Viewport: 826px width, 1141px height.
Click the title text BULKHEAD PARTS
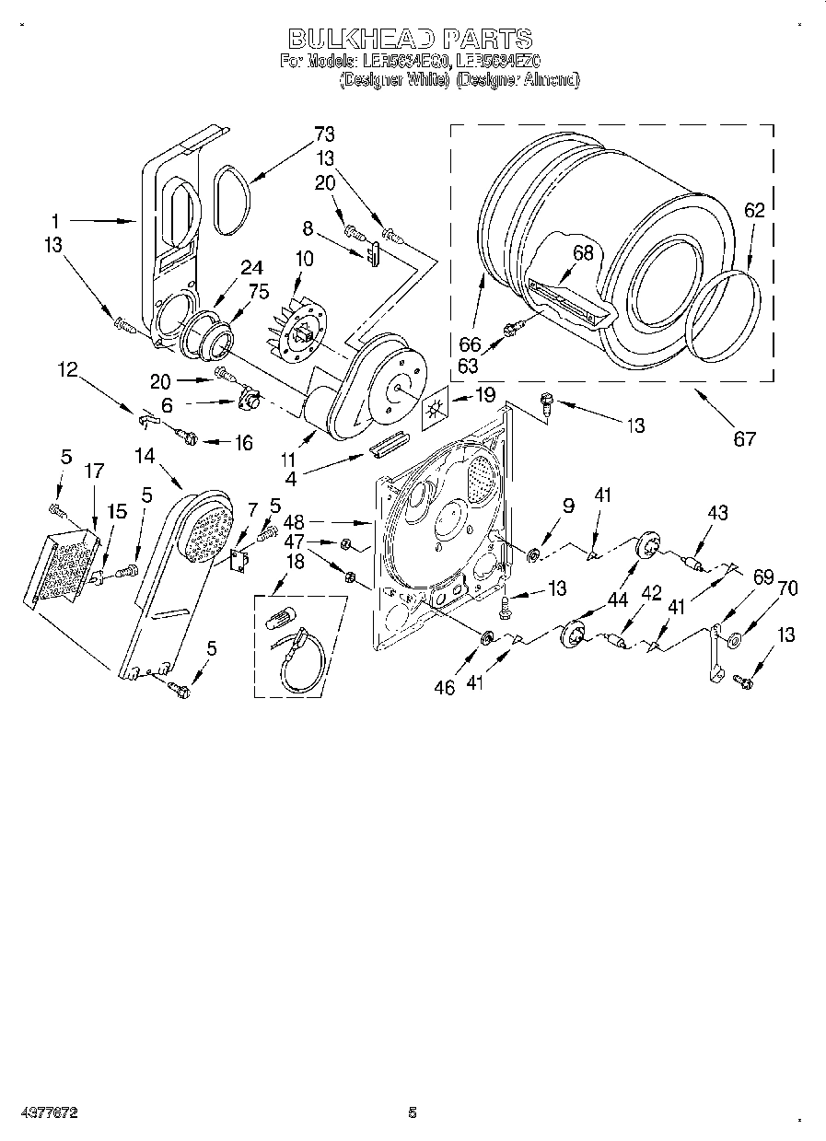point(411,39)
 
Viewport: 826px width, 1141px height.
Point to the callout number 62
point(753,210)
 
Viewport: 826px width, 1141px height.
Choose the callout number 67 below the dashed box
point(743,438)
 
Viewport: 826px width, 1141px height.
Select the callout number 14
point(145,455)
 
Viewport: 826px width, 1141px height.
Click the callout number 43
point(718,511)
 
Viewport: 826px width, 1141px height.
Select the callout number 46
point(445,687)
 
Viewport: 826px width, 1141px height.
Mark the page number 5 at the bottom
point(412,1112)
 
